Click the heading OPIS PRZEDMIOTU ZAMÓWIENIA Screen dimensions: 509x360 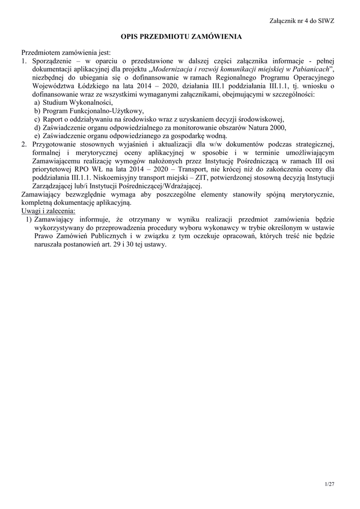(x=181, y=37)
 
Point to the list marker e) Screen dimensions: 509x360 (x=37, y=136)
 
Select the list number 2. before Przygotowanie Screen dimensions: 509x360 (x=24, y=144)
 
